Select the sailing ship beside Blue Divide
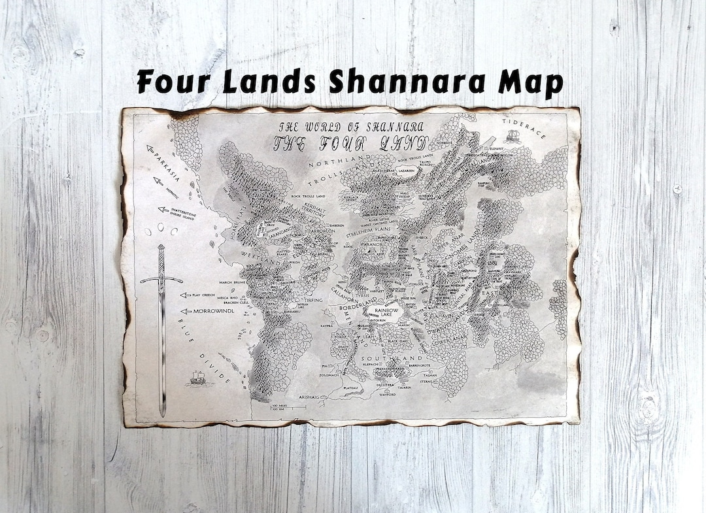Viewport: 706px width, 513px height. (x=195, y=378)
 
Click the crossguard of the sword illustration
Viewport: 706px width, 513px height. (x=161, y=278)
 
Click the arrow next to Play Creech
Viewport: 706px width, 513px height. (x=185, y=295)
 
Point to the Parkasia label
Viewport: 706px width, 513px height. (x=164, y=165)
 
